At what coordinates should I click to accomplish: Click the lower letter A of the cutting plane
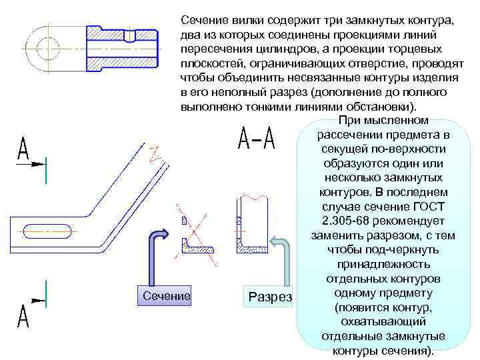(x=23, y=317)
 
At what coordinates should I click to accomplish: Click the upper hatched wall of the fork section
(x=123, y=35)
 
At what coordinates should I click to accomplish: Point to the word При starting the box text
(x=351, y=121)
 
